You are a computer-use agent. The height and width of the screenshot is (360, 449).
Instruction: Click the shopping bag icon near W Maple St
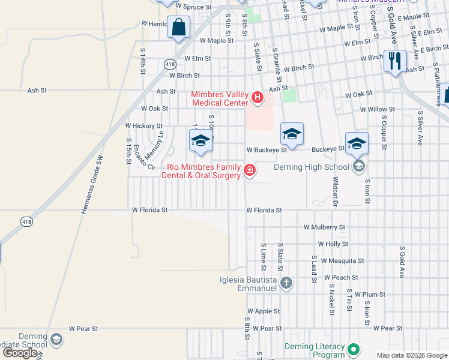pos(178,28)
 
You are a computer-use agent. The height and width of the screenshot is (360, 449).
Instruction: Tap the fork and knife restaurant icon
pos(395,61)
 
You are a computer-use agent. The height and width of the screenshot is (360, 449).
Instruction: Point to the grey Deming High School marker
pos(359,167)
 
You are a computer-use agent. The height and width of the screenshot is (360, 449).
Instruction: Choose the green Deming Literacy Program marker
pos(354,349)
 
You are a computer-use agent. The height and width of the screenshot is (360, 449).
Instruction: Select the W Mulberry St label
pos(324,228)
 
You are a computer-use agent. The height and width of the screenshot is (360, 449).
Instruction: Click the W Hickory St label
pos(143,126)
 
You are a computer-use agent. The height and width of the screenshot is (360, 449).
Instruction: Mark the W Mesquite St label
pos(342,261)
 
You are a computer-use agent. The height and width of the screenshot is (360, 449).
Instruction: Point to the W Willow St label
pos(378,109)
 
